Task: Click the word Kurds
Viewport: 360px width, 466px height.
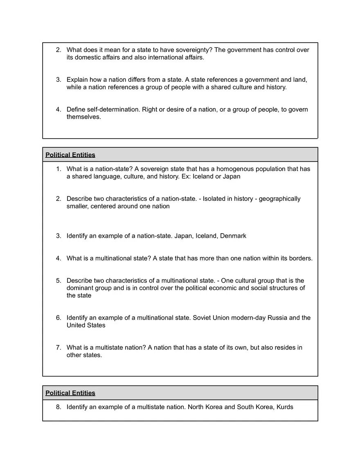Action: (285, 407)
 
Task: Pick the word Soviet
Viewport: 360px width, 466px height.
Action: (202, 318)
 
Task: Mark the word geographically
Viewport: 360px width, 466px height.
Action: (279, 199)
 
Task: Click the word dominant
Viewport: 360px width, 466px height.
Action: (80, 288)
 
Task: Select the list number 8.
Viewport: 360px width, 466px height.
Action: (59, 407)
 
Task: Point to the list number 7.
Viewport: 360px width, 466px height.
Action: (59, 348)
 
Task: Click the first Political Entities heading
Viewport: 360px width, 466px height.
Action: (70, 155)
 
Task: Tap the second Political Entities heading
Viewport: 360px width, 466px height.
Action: (70, 393)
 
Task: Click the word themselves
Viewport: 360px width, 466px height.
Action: (83, 117)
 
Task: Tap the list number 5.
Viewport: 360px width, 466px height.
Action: (59, 281)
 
